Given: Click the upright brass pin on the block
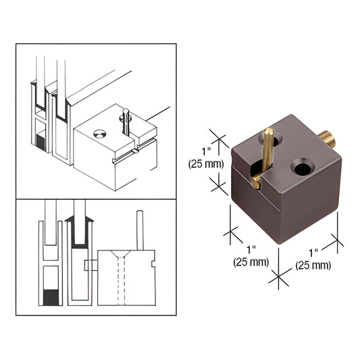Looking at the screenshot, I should (x=267, y=149).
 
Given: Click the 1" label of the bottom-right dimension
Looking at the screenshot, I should (x=313, y=253).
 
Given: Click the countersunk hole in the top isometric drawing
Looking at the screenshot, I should (x=101, y=134).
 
